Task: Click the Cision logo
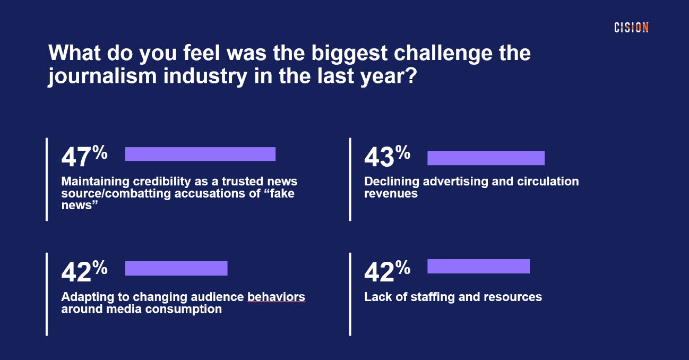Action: click(x=631, y=28)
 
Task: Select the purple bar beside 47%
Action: click(x=200, y=154)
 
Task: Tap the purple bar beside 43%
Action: click(x=486, y=158)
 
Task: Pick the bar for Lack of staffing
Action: click(x=478, y=266)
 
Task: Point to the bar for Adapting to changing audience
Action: click(x=176, y=268)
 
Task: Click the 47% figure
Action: click(x=84, y=157)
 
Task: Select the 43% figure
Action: click(x=387, y=157)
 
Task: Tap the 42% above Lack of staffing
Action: click(x=387, y=271)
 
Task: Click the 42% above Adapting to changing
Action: click(x=84, y=271)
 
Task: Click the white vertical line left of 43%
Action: click(x=350, y=179)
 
